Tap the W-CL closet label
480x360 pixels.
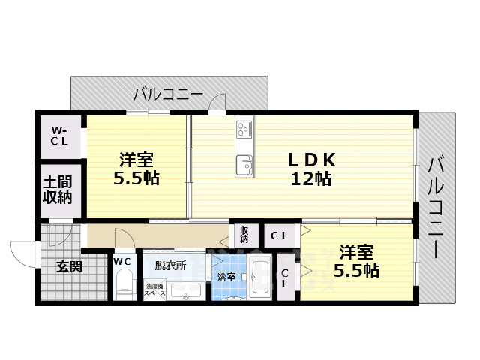coord(60,136)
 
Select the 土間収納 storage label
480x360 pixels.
coord(57,190)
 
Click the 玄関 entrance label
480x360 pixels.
coord(70,265)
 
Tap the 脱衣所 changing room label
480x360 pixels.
coord(170,265)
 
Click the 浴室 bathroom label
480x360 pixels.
coord(226,277)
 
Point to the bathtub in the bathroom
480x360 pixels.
coord(260,278)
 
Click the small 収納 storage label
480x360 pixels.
coord(244,235)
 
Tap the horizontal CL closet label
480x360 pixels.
coord(279,235)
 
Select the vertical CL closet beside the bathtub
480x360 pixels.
coord(286,277)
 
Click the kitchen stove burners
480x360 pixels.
coord(244,129)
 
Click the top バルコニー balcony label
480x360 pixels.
coord(168,94)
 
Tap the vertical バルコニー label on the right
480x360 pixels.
coord(436,208)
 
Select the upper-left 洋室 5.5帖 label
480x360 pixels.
coord(136,169)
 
